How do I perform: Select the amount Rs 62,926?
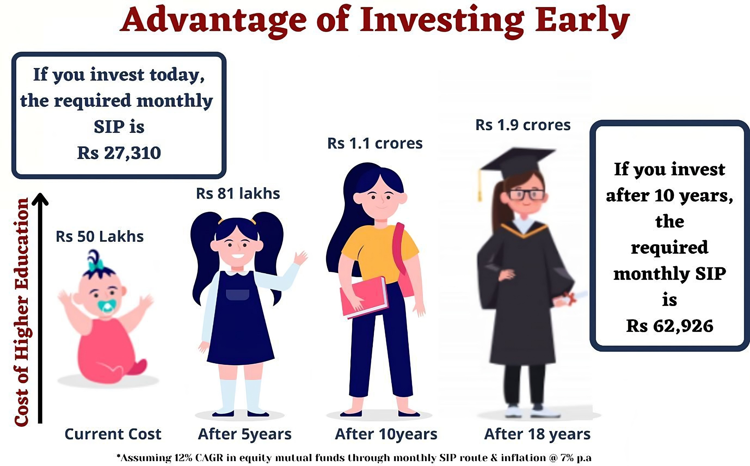coord(670,326)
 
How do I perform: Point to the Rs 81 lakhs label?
coord(238,194)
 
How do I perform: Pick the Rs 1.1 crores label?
coord(375,143)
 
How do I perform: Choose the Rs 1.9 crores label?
coord(523,125)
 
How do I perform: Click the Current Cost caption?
coord(113,434)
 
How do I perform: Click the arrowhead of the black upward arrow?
coord(40,199)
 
